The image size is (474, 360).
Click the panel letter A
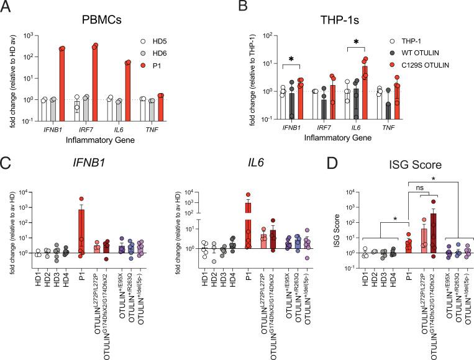click(7, 8)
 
